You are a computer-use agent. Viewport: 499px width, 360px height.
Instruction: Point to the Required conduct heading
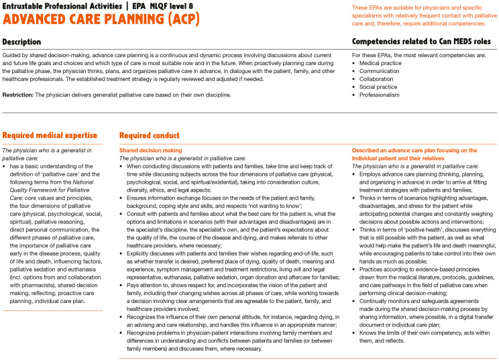click(x=149, y=135)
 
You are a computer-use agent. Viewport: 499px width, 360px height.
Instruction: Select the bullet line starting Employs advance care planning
click(x=419, y=172)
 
